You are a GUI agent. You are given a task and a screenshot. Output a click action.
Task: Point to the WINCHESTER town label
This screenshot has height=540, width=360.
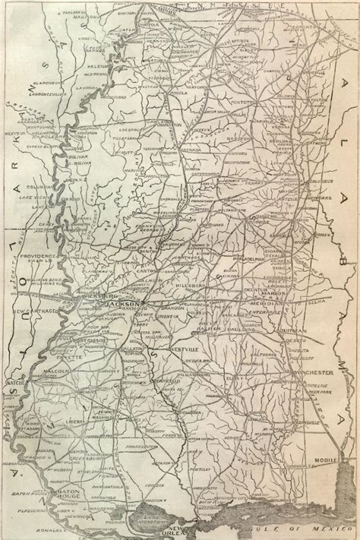pos(312,374)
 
